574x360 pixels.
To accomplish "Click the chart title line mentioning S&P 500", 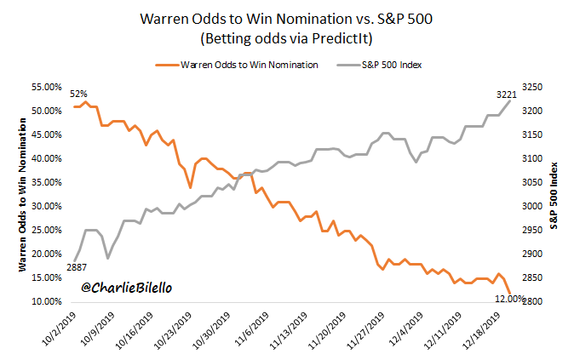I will point(286,20).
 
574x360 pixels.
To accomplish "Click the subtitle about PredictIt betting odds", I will point(287,39).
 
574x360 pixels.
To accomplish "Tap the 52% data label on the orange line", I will point(78,94).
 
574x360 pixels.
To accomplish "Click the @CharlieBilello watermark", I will point(128,289).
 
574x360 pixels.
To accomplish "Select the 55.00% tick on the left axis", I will point(47,87).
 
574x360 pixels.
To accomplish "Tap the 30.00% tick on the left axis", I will point(47,206).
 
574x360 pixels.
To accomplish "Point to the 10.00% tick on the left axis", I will point(47,301).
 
